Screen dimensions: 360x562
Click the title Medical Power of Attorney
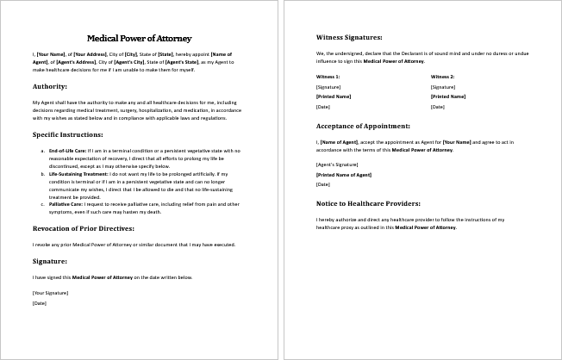click(140, 38)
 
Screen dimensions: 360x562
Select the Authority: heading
click(52, 87)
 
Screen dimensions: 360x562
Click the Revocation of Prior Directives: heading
click(83, 228)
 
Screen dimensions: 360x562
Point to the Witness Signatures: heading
click(349, 38)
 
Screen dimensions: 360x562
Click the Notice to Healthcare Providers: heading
click(368, 203)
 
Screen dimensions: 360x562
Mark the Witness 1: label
click(328, 78)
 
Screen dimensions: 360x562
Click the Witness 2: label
click(442, 78)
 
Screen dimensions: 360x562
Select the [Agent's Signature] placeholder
click(336, 164)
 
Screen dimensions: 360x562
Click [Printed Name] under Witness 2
click(447, 96)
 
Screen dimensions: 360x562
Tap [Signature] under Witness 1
click(328, 87)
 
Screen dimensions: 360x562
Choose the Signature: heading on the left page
click(50, 260)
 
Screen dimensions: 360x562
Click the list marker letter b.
click(43, 173)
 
